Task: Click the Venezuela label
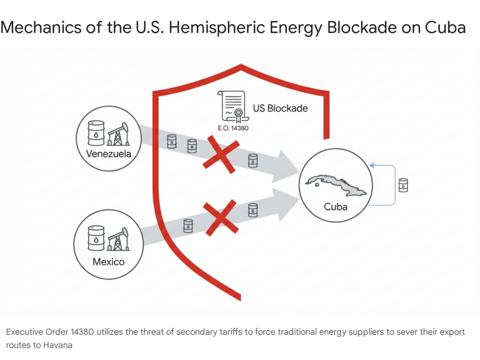[x=109, y=154]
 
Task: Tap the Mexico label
[x=109, y=262]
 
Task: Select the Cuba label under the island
[x=336, y=207]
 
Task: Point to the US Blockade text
[x=280, y=108]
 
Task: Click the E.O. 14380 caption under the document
[x=233, y=128]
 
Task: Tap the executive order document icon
[x=231, y=106]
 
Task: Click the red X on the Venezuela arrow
[x=221, y=154]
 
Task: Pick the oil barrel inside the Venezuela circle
[x=96, y=133]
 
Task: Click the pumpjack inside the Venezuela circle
[x=118, y=134]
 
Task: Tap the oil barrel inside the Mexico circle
[x=96, y=238]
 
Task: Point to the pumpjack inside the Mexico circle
[x=118, y=239]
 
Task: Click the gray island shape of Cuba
[x=336, y=184]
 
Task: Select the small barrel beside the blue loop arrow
[x=403, y=185]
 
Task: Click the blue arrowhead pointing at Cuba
[x=372, y=165]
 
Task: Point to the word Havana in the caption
[x=58, y=345]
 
